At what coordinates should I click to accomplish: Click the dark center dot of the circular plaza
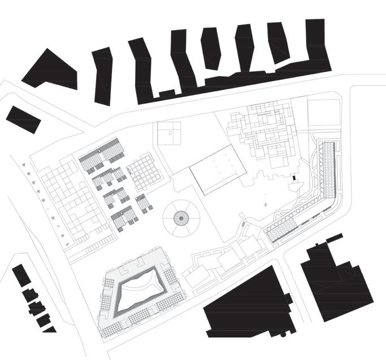180,217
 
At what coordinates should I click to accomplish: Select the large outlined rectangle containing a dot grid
218,169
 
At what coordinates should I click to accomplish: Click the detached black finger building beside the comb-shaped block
103,76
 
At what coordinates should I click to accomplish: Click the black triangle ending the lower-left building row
51,329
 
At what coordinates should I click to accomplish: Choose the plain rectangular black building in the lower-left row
21,275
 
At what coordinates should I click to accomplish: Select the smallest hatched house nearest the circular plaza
144,203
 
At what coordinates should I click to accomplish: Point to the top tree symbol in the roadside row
26,165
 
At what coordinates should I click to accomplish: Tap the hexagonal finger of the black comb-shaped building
210,49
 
